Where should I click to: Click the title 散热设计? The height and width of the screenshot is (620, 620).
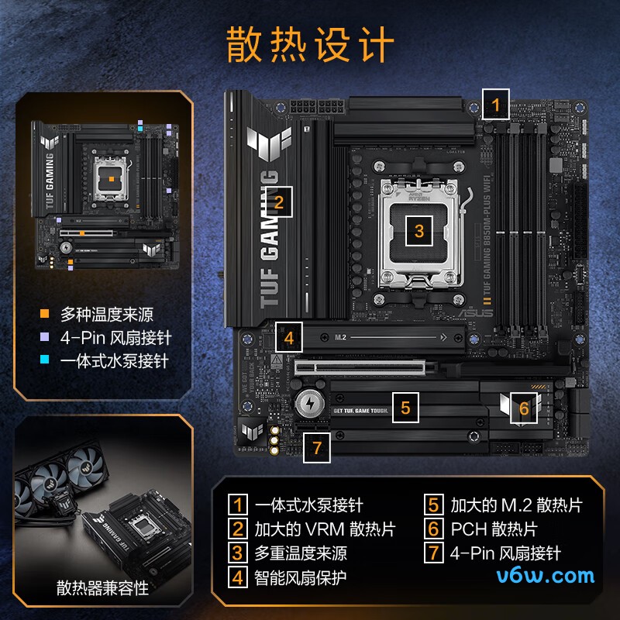pyautogui.click(x=310, y=44)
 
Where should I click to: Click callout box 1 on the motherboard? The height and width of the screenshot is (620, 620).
pyautogui.click(x=495, y=104)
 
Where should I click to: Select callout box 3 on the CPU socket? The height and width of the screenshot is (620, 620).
pyautogui.click(x=419, y=230)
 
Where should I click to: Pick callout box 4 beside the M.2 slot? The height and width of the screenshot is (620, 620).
pyautogui.click(x=288, y=338)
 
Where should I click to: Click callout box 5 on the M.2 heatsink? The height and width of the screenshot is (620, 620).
pyautogui.click(x=405, y=406)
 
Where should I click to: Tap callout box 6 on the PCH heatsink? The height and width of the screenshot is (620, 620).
pyautogui.click(x=524, y=408)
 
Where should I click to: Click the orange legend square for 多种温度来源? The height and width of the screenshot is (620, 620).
pyautogui.click(x=45, y=315)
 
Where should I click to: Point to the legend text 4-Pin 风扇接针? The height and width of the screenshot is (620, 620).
pyautogui.click(x=115, y=338)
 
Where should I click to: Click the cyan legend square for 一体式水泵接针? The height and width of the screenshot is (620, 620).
pyautogui.click(x=45, y=361)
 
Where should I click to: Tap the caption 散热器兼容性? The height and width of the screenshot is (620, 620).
pyautogui.click(x=102, y=588)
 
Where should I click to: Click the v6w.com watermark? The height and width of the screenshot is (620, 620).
pyautogui.click(x=546, y=575)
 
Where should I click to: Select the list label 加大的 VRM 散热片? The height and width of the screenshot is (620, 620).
pyautogui.click(x=325, y=529)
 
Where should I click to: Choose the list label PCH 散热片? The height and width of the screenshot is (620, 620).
pyautogui.click(x=493, y=529)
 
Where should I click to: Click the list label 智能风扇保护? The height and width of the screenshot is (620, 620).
pyautogui.click(x=301, y=577)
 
